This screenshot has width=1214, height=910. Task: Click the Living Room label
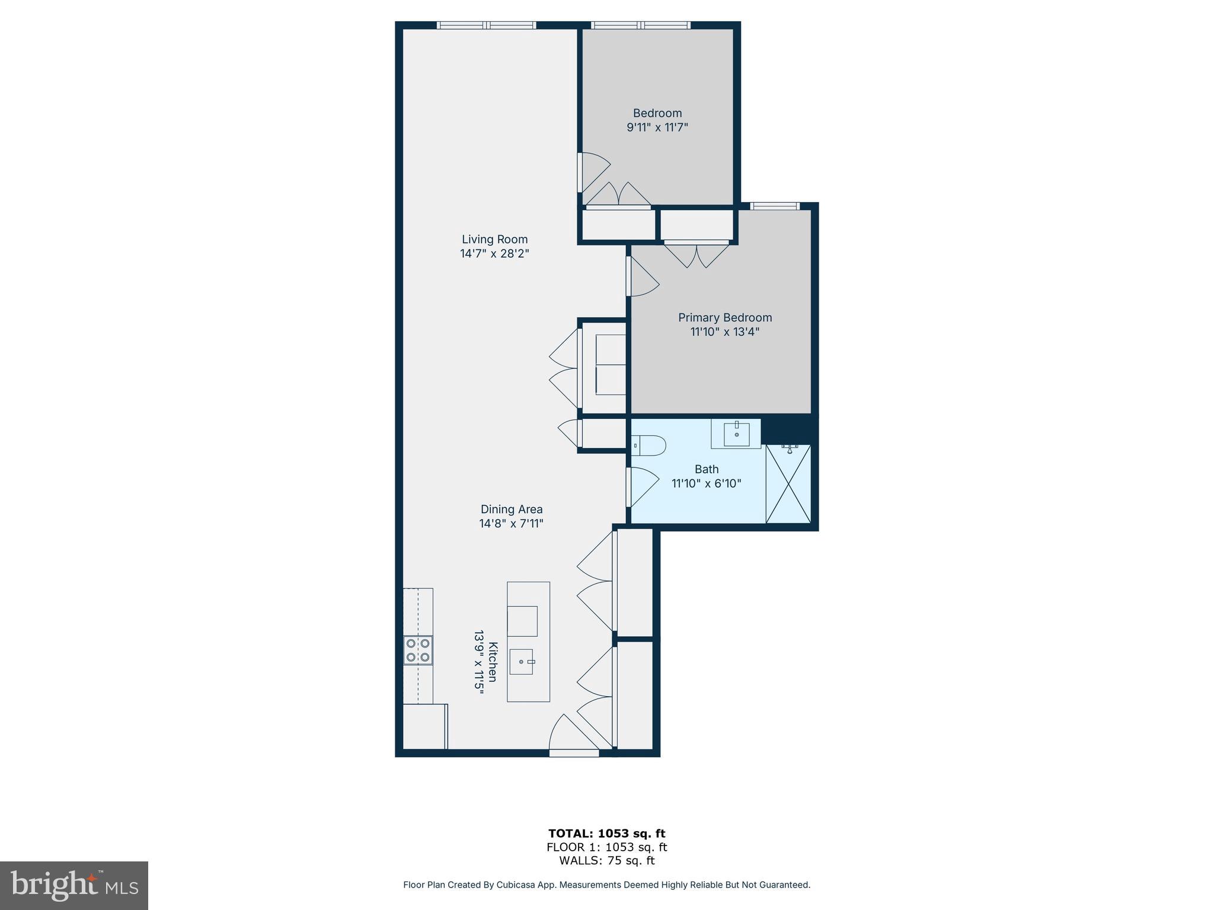(x=494, y=239)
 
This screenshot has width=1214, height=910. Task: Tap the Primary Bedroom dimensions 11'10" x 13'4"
(x=724, y=332)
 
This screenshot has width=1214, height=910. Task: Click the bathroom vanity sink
(x=736, y=434)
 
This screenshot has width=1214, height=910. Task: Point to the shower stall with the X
(x=788, y=483)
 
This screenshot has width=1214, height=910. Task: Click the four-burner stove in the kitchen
(x=418, y=650)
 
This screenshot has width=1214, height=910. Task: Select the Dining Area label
(x=511, y=510)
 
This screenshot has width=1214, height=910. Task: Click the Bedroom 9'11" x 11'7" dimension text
(x=657, y=127)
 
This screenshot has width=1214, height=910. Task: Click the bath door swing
(x=643, y=486)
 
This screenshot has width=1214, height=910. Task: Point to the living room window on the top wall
(x=486, y=25)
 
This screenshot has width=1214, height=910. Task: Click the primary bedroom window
(x=775, y=206)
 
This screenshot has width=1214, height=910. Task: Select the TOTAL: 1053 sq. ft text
(x=606, y=834)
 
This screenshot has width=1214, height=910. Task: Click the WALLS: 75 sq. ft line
(x=606, y=861)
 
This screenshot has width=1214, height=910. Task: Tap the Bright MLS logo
(x=74, y=885)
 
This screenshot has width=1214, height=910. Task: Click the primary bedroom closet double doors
(x=697, y=255)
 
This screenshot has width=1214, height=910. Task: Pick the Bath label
(x=706, y=469)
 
